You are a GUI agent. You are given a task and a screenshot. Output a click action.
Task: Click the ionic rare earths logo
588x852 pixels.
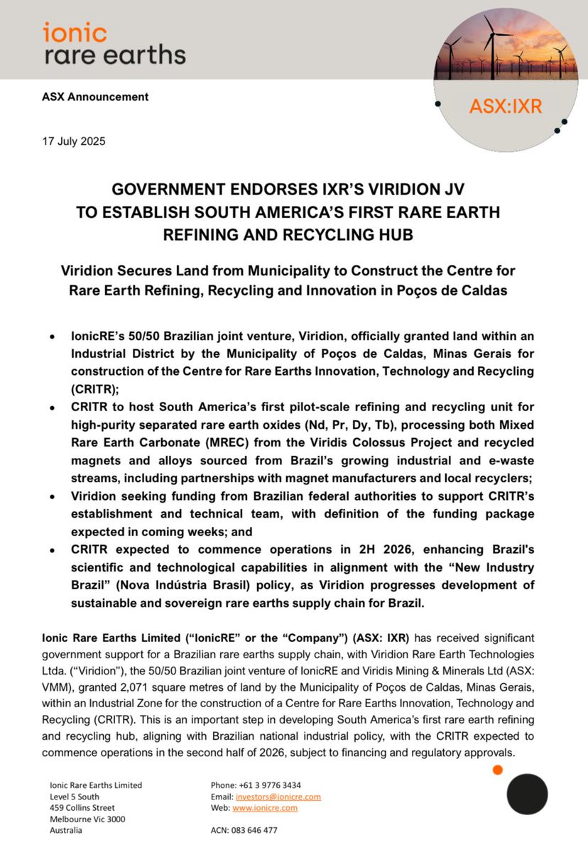point(114,43)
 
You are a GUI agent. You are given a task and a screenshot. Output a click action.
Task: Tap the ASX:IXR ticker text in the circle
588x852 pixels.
point(506,106)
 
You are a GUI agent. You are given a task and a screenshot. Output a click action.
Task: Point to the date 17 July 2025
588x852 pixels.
point(74,141)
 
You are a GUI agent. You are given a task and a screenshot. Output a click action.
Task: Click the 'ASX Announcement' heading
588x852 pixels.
point(95,97)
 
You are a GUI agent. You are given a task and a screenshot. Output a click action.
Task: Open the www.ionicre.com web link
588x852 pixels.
point(265,808)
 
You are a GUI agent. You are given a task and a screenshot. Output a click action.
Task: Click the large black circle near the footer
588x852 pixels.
point(527,794)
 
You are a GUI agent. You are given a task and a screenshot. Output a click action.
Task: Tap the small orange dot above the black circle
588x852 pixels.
point(498,770)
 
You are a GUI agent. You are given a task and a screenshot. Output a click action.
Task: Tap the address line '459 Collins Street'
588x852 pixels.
point(82,807)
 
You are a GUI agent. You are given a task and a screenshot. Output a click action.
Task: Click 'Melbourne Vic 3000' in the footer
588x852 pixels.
point(86,819)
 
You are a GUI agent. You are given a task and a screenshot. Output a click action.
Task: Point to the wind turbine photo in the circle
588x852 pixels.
point(506,50)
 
